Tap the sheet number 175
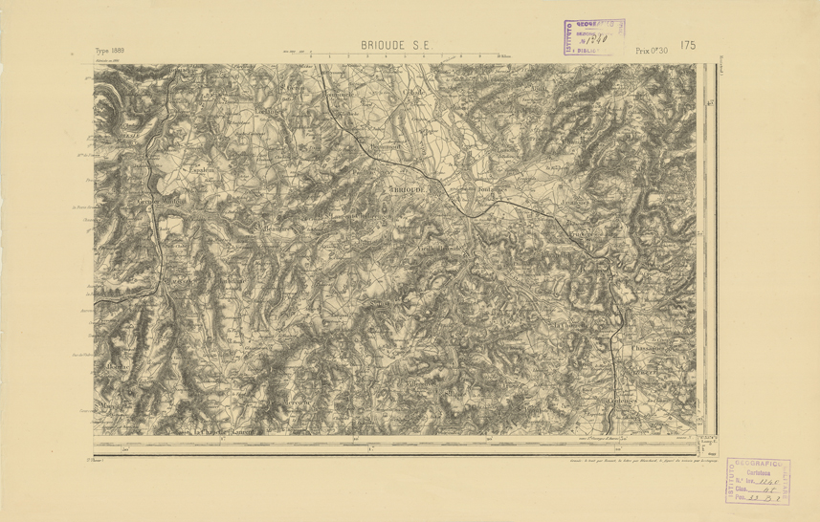(688, 45)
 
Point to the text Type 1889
(110, 50)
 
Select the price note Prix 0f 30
(652, 50)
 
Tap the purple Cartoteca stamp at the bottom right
(758, 482)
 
